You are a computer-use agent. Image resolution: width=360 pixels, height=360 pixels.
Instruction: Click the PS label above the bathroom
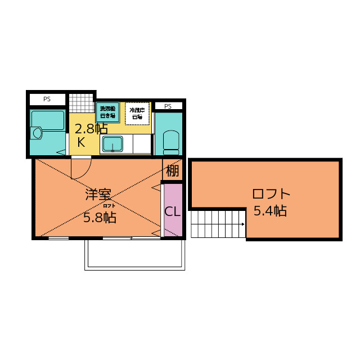click(x=47, y=99)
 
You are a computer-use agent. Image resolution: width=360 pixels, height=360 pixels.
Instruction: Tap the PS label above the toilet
click(x=168, y=106)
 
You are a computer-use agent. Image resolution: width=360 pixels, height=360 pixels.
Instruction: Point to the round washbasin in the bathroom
click(x=38, y=133)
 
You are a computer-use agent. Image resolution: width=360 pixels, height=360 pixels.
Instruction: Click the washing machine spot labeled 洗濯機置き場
click(x=107, y=111)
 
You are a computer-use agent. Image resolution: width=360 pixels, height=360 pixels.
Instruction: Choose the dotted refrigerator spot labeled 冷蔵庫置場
click(x=137, y=113)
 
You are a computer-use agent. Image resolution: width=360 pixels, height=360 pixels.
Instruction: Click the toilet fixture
click(x=170, y=141)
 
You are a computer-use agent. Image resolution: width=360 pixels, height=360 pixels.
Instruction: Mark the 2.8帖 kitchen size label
click(x=91, y=128)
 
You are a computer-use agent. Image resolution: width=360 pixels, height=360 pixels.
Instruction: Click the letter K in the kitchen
click(x=81, y=142)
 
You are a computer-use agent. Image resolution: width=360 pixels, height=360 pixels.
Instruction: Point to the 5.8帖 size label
click(x=100, y=218)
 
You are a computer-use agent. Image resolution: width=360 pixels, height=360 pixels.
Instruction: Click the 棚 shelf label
click(x=173, y=170)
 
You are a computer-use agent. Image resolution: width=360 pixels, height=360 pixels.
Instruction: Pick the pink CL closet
click(x=173, y=211)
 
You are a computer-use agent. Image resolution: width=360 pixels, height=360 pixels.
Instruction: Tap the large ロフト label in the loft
click(x=271, y=194)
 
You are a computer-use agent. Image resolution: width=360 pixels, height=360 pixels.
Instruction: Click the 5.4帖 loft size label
click(x=270, y=211)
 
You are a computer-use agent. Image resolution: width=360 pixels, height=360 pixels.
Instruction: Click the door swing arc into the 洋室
click(x=82, y=167)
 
